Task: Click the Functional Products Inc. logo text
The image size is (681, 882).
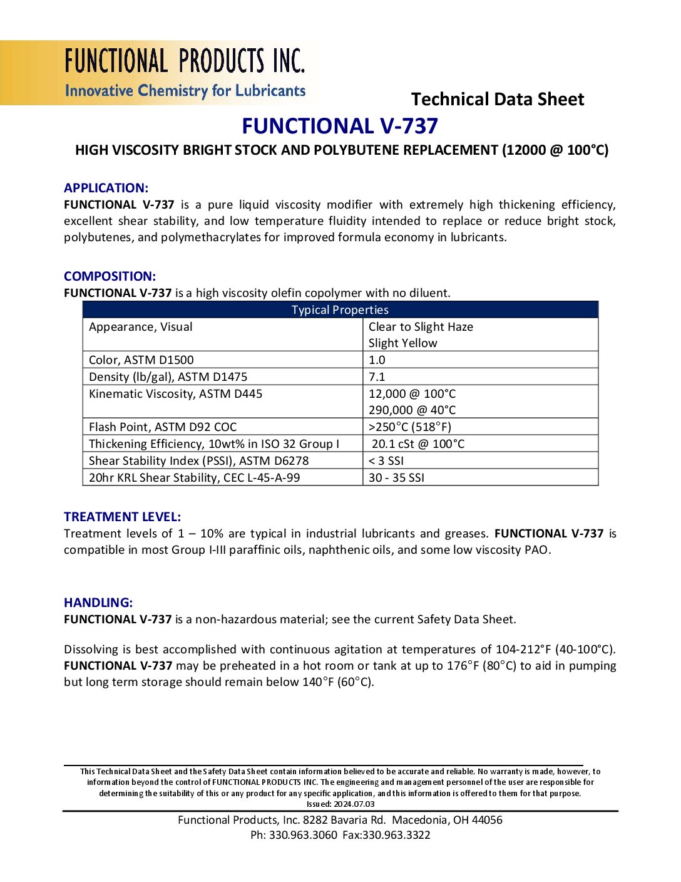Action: pos(185,61)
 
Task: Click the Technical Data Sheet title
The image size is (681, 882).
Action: pos(497,99)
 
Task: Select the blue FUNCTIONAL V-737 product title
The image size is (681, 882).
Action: pos(340,126)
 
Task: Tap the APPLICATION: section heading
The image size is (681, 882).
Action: pos(106,188)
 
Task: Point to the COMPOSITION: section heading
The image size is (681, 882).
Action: pos(110,276)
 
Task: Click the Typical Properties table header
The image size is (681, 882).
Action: pos(340,310)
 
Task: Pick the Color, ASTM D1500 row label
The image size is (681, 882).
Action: pos(141,360)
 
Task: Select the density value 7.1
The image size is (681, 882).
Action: pos(377,377)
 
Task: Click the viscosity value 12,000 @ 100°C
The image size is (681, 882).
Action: pos(412,394)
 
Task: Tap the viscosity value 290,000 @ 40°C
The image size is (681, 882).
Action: pos(412,410)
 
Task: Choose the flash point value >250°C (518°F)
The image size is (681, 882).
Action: pos(409,427)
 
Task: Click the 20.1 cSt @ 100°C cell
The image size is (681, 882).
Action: pos(418,444)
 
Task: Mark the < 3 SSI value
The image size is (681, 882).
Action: pos(386,461)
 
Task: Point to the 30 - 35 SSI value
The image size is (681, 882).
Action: pos(396,478)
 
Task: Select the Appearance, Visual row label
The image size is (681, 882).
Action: pos(141,327)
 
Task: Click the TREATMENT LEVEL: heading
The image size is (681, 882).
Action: pos(122,517)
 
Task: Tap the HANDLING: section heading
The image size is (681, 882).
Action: pos(98,603)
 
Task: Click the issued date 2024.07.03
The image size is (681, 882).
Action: pos(354,804)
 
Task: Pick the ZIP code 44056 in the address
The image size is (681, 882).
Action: pos(487,820)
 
